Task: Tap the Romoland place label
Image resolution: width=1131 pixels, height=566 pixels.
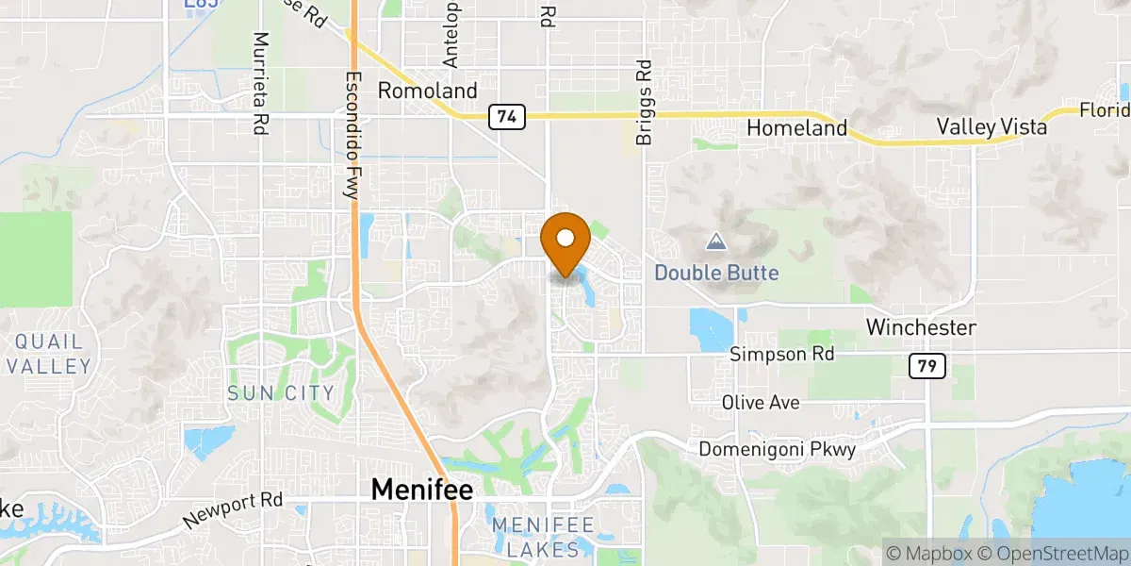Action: click(427, 92)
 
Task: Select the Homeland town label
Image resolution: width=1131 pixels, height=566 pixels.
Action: click(797, 128)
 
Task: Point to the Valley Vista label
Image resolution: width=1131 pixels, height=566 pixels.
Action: click(992, 126)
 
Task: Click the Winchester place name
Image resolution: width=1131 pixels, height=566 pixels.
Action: click(921, 328)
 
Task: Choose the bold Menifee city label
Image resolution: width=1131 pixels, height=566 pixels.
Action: click(421, 489)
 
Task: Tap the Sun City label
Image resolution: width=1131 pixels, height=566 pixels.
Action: click(281, 392)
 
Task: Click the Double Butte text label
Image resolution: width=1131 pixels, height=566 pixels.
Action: click(716, 274)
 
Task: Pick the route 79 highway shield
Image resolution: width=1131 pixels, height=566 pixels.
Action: click(927, 366)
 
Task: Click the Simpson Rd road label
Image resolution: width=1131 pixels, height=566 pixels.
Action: click(782, 355)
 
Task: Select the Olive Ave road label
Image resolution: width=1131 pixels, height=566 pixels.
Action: click(761, 403)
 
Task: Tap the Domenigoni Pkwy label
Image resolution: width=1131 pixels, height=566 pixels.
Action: click(777, 450)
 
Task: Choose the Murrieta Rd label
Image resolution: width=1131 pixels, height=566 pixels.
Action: click(261, 83)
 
